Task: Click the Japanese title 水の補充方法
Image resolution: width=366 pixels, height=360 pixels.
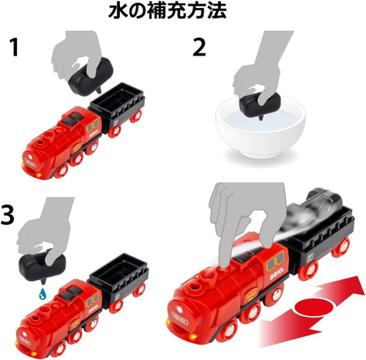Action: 183,12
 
